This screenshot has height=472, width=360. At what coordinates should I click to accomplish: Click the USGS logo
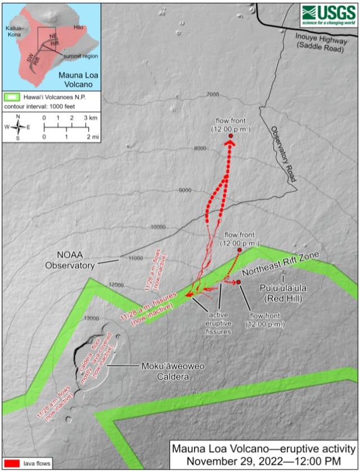click(328, 12)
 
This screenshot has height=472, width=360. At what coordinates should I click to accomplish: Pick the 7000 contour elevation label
click(213, 94)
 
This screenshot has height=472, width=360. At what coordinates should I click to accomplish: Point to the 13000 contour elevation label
click(91, 318)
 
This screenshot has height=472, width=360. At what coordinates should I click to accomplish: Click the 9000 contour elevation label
click(185, 190)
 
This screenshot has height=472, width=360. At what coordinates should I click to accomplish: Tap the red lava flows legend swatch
click(12, 463)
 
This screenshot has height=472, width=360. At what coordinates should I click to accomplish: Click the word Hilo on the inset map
click(80, 19)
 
